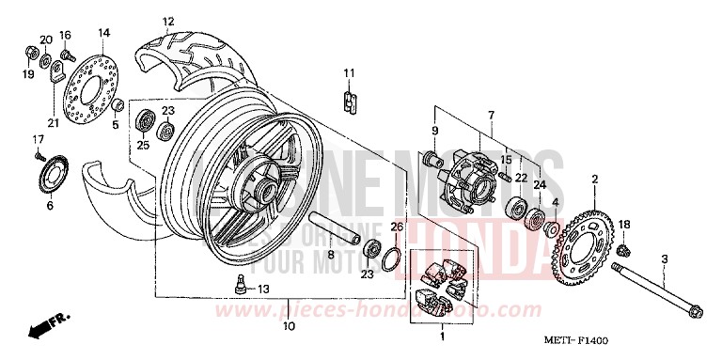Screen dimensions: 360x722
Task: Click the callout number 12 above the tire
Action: tap(168, 21)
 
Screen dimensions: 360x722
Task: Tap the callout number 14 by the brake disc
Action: tap(103, 33)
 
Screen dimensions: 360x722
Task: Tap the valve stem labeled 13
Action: tap(241, 287)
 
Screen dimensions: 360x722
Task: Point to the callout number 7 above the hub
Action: tap(489, 115)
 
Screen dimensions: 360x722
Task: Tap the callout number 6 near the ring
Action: tap(49, 205)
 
